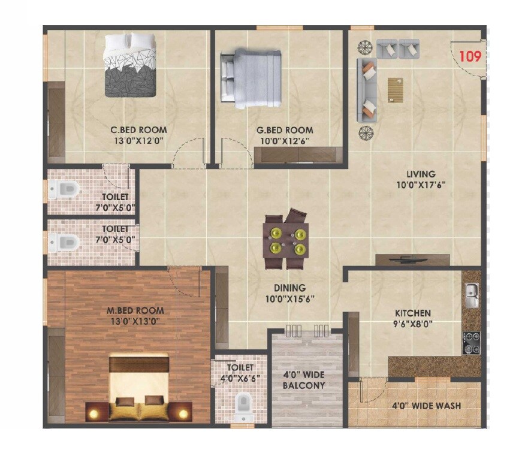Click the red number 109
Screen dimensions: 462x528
tap(470, 57)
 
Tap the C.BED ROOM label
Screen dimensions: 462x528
tap(138, 130)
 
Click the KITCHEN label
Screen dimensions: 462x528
tap(412, 313)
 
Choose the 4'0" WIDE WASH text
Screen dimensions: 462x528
tap(426, 406)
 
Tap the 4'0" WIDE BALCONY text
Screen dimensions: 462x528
tap(304, 380)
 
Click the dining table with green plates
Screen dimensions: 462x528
tap(286, 239)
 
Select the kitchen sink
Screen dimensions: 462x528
tap(471, 294)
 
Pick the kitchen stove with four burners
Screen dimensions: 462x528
tap(471, 342)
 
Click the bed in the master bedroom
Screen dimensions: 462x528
tap(139, 386)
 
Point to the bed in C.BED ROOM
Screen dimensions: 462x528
tap(131, 65)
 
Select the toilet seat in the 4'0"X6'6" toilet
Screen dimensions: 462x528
tap(243, 405)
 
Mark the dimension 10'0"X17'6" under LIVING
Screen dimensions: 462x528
tap(420, 185)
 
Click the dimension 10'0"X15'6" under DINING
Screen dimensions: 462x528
tap(291, 298)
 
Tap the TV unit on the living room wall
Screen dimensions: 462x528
tap(412, 260)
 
